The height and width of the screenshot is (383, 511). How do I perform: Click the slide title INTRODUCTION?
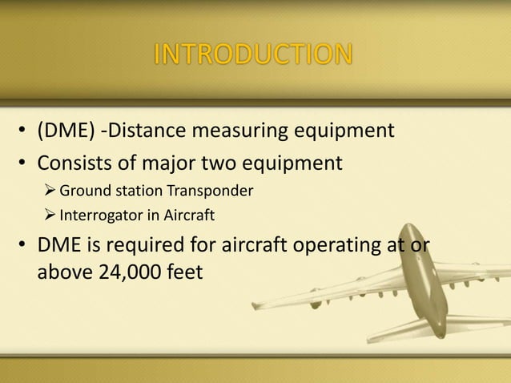point(252,54)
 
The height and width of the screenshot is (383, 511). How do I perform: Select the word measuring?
point(243,131)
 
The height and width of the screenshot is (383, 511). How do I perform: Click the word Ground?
point(86,191)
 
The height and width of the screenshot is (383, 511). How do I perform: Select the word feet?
point(183,272)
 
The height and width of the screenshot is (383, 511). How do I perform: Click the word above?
point(64,272)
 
